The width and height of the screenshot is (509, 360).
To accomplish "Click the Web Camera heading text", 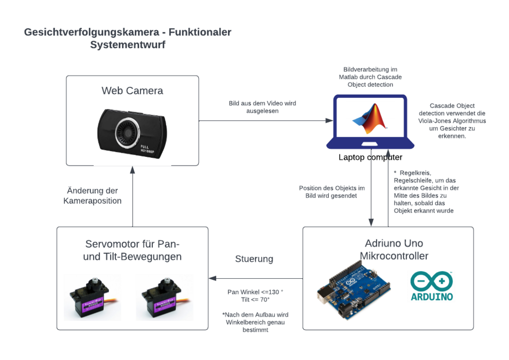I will [x=132, y=91].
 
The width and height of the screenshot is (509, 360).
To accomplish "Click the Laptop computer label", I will [x=370, y=157].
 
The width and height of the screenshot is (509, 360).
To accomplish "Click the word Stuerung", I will [x=254, y=259].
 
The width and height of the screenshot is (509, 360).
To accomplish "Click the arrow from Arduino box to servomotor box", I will [x=255, y=278].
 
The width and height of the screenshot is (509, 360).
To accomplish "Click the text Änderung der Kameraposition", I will [x=93, y=195].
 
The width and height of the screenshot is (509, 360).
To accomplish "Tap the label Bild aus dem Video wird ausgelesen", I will [x=262, y=107].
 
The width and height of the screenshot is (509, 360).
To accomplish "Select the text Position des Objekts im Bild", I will [x=332, y=192].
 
